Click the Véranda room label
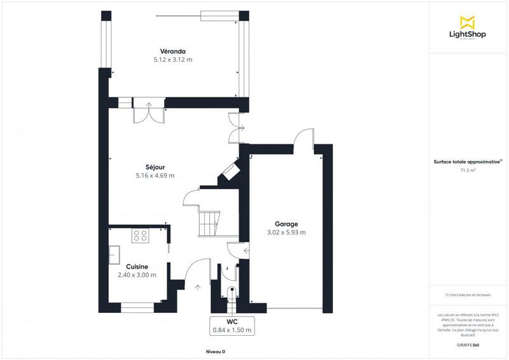tap(172, 51)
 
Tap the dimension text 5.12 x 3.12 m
tap(172, 59)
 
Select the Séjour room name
tap(155, 167)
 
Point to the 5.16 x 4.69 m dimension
tap(155, 176)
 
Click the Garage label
tap(286, 224)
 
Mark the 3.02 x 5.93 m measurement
tap(286, 232)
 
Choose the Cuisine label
tap(137, 267)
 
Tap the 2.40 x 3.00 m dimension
tap(137, 275)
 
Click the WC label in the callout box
tap(232, 321)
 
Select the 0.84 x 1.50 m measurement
tap(232, 329)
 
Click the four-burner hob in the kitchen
tap(139, 236)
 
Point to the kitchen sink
tap(115, 254)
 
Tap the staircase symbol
tap(207, 223)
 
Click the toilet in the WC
tap(232, 294)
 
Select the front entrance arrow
tap(197, 287)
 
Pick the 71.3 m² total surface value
tap(468, 170)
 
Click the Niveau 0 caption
tap(215, 352)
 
